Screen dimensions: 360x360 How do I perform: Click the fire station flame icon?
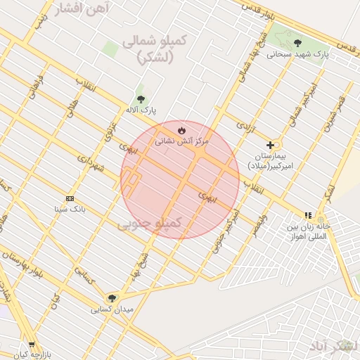(181, 130)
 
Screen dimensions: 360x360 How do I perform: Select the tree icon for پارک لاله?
(141, 99)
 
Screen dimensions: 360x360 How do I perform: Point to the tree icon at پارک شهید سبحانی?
(298, 43)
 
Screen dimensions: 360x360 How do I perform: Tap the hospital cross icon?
(269, 145)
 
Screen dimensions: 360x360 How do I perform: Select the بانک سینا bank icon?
(69, 198)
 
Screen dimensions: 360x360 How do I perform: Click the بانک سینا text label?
(70, 209)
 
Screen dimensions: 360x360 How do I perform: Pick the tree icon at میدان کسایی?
(112, 298)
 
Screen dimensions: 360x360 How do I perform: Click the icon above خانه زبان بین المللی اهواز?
(307, 215)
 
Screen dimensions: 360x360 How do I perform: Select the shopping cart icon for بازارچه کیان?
(32, 345)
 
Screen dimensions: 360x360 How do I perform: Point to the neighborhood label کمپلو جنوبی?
(149, 223)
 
